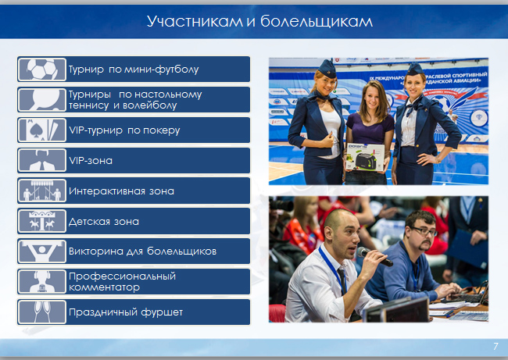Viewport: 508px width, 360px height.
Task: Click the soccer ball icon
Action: (x=41, y=70)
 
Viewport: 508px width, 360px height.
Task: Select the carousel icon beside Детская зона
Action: (x=41, y=222)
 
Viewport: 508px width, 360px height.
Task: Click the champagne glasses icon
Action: (x=41, y=312)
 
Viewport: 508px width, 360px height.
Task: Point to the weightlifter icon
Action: (x=41, y=251)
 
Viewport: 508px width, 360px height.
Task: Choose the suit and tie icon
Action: (x=41, y=161)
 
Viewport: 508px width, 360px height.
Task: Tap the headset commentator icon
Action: (x=41, y=282)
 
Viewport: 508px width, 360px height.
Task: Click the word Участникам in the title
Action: (x=195, y=21)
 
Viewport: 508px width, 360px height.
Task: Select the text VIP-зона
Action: (x=91, y=161)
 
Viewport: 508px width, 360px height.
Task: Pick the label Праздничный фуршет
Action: (x=126, y=312)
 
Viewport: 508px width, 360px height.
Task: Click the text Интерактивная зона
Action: (x=121, y=191)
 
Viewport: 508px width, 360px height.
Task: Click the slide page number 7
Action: (x=495, y=347)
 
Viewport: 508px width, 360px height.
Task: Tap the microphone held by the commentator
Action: (x=374, y=256)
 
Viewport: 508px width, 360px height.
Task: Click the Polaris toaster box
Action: (x=365, y=157)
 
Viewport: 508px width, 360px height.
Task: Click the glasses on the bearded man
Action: (x=424, y=232)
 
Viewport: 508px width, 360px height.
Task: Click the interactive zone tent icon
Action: (x=41, y=191)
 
